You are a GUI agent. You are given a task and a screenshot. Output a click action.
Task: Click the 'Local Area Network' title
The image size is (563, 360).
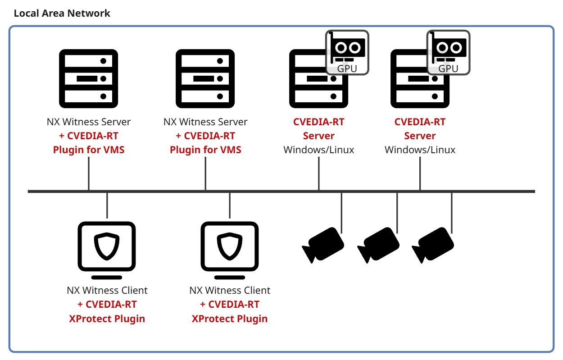(62, 13)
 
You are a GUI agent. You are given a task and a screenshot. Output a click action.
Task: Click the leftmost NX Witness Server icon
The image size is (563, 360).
(89, 78)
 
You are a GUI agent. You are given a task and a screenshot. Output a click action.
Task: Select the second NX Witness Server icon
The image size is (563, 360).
(205, 78)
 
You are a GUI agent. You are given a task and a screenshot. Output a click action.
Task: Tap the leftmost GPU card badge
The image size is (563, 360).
(347, 52)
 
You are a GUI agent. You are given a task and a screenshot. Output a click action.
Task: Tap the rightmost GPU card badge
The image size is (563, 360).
(448, 52)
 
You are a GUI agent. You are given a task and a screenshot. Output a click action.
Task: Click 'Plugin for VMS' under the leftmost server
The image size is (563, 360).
(89, 150)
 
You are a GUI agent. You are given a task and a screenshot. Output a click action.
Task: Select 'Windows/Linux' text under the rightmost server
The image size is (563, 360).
(420, 150)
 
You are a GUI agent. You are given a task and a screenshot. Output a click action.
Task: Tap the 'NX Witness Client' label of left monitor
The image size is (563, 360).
(107, 291)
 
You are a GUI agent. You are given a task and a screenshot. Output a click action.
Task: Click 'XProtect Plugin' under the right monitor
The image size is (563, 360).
(230, 319)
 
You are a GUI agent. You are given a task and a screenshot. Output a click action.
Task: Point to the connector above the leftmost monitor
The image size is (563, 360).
(107, 205)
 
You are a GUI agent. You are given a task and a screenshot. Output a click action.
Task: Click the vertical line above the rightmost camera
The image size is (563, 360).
(452, 212)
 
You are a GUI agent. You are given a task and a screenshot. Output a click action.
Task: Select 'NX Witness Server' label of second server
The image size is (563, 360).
(205, 122)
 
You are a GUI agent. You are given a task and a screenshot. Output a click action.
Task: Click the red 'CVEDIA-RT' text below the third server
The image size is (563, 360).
(318, 122)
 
